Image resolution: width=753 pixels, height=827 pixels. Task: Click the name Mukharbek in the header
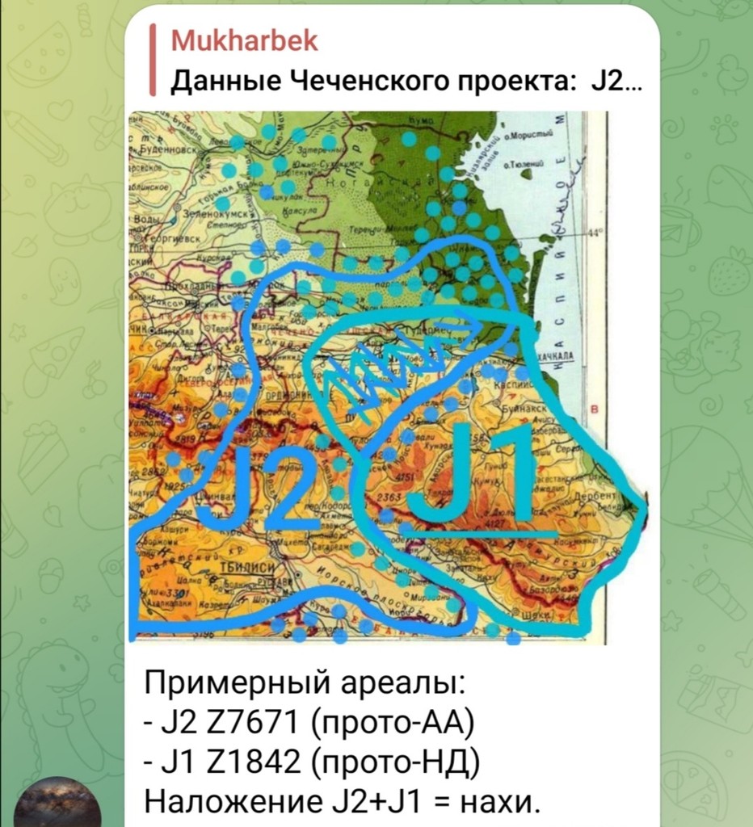coord(244,41)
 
